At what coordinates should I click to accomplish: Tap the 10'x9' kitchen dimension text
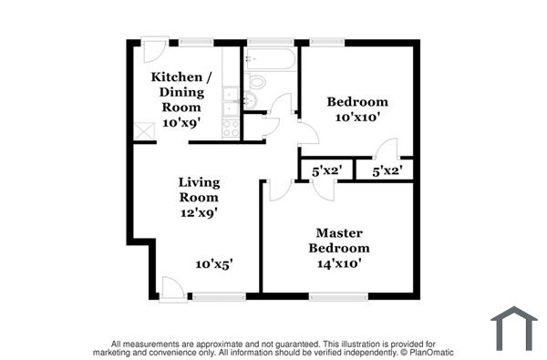pyautogui.click(x=181, y=122)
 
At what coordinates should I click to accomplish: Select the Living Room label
pyautogui.click(x=199, y=190)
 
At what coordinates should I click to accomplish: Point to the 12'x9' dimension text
pyautogui.click(x=199, y=212)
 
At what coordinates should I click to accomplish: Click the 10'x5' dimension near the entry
pyautogui.click(x=214, y=263)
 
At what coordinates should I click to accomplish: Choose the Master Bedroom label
pyautogui.click(x=339, y=241)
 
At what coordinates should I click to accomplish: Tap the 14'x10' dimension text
pyautogui.click(x=339, y=263)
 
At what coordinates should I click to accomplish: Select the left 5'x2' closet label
pyautogui.click(x=326, y=170)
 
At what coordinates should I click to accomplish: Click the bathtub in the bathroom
pyautogui.click(x=271, y=59)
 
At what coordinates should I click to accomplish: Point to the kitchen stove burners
pyautogui.click(x=231, y=128)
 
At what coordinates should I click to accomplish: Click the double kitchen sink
pyautogui.click(x=231, y=102)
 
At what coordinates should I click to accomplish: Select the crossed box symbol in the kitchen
pyautogui.click(x=144, y=130)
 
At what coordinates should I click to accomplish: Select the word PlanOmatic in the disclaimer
pyautogui.click(x=430, y=352)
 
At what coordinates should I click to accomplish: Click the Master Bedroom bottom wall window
pyautogui.click(x=338, y=296)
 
